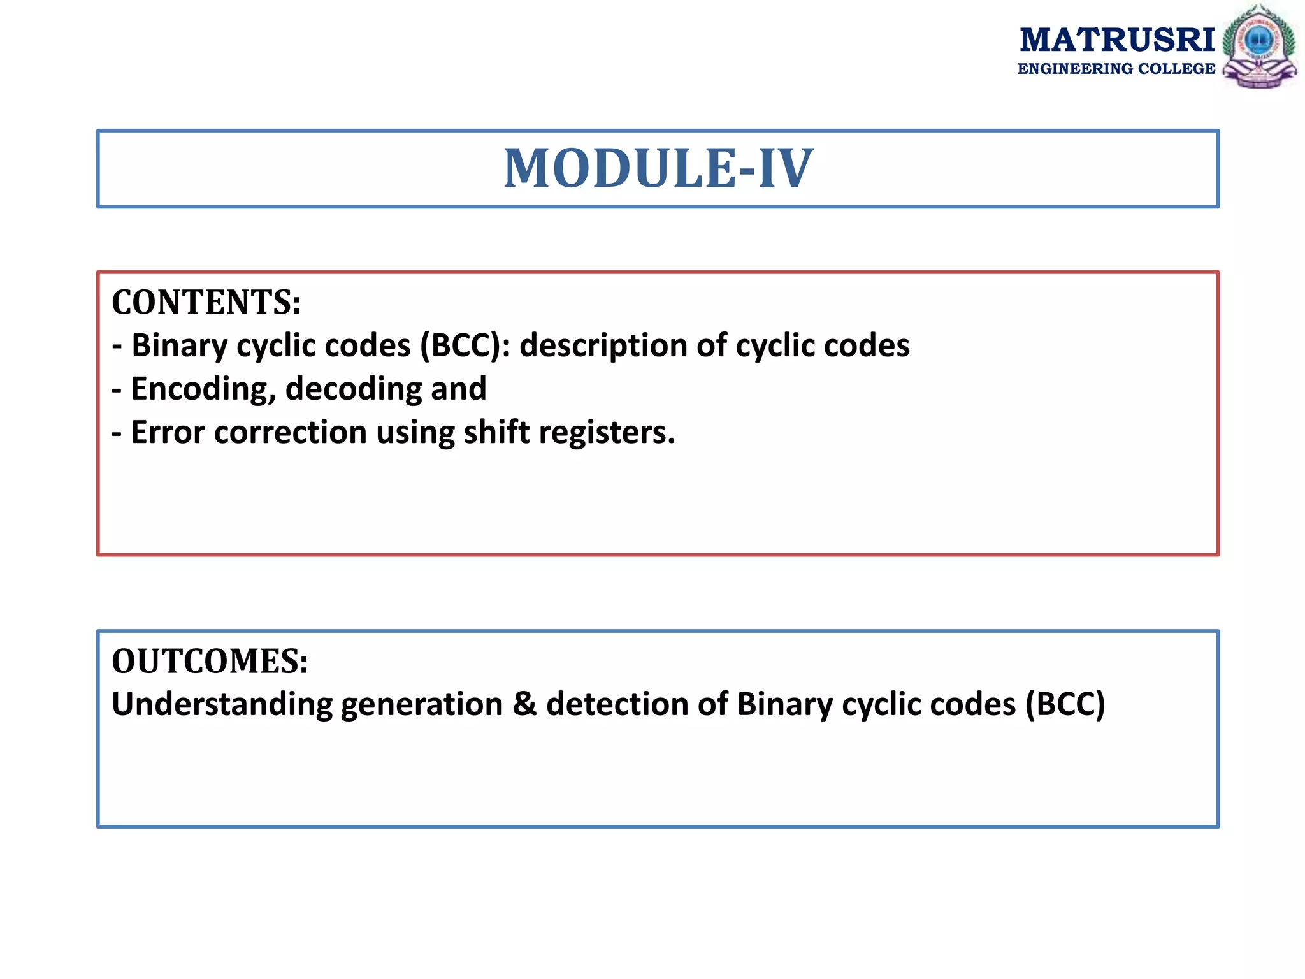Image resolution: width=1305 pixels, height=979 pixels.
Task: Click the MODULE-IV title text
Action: (x=658, y=168)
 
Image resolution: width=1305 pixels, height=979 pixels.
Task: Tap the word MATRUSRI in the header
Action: (x=1116, y=40)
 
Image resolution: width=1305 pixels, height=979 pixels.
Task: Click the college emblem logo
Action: (x=1258, y=47)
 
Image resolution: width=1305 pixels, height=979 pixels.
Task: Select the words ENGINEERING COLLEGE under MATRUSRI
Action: (x=1116, y=69)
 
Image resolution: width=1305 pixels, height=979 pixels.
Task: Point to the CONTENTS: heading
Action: (x=206, y=302)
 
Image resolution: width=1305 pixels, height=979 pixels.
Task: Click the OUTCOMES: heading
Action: (x=210, y=661)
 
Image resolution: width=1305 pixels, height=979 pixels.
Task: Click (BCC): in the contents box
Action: (x=465, y=346)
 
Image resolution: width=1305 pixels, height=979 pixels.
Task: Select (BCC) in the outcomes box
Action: (x=1065, y=704)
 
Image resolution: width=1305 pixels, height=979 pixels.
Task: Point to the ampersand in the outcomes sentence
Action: (x=524, y=704)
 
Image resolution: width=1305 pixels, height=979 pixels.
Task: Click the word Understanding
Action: (x=222, y=706)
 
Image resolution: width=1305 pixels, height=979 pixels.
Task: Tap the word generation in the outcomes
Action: (x=422, y=706)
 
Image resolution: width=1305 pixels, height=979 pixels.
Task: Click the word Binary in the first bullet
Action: (x=179, y=346)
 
